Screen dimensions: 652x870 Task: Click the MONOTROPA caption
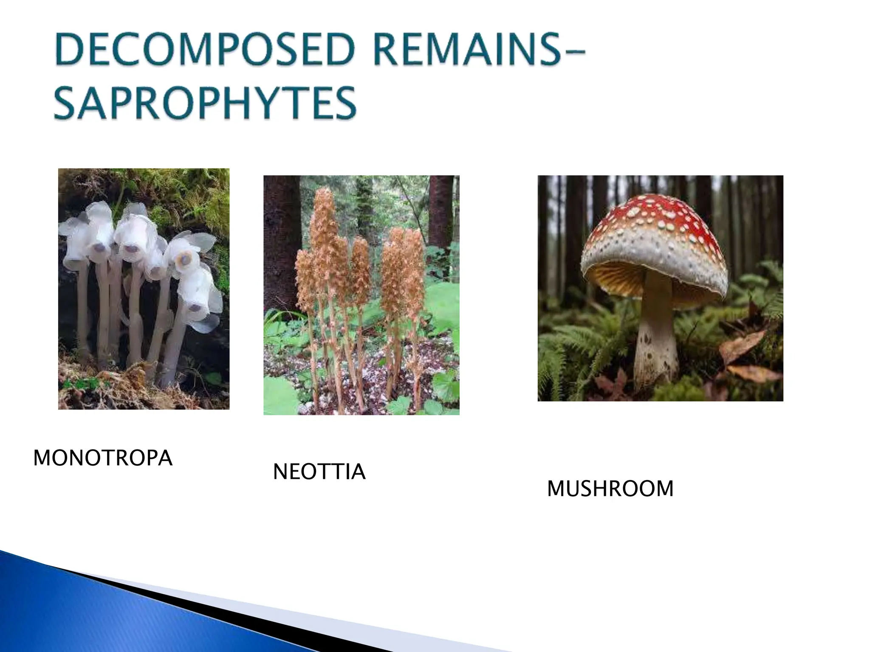pyautogui.click(x=103, y=458)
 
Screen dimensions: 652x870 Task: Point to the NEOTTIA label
pyautogui.click(x=319, y=472)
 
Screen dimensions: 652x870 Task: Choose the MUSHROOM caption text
pyautogui.click(x=610, y=489)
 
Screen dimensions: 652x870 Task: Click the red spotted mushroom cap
pyautogui.click(x=663, y=225)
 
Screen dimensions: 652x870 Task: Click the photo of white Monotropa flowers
pyautogui.click(x=144, y=289)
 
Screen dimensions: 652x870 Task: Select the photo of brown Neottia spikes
pyautogui.click(x=361, y=295)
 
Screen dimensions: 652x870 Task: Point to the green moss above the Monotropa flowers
pyautogui.click(x=178, y=187)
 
